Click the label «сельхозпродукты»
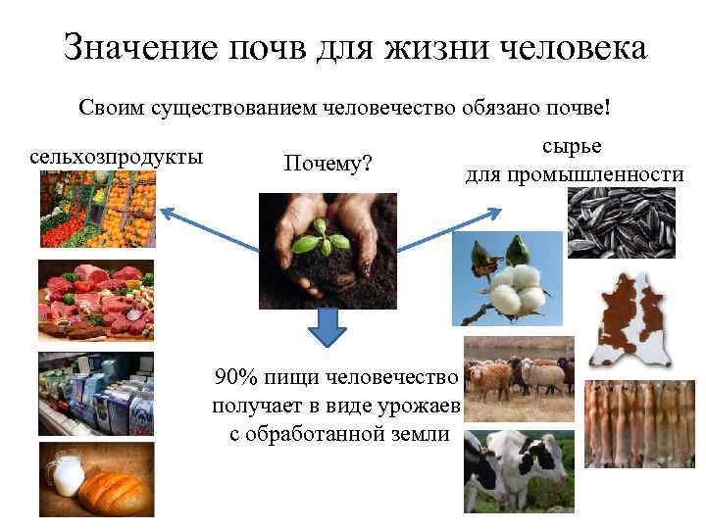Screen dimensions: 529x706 tap(117, 157)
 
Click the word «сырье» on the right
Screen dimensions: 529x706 tap(572, 146)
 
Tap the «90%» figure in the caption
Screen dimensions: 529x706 tap(235, 378)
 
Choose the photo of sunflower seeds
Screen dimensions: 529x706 tap(622, 222)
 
